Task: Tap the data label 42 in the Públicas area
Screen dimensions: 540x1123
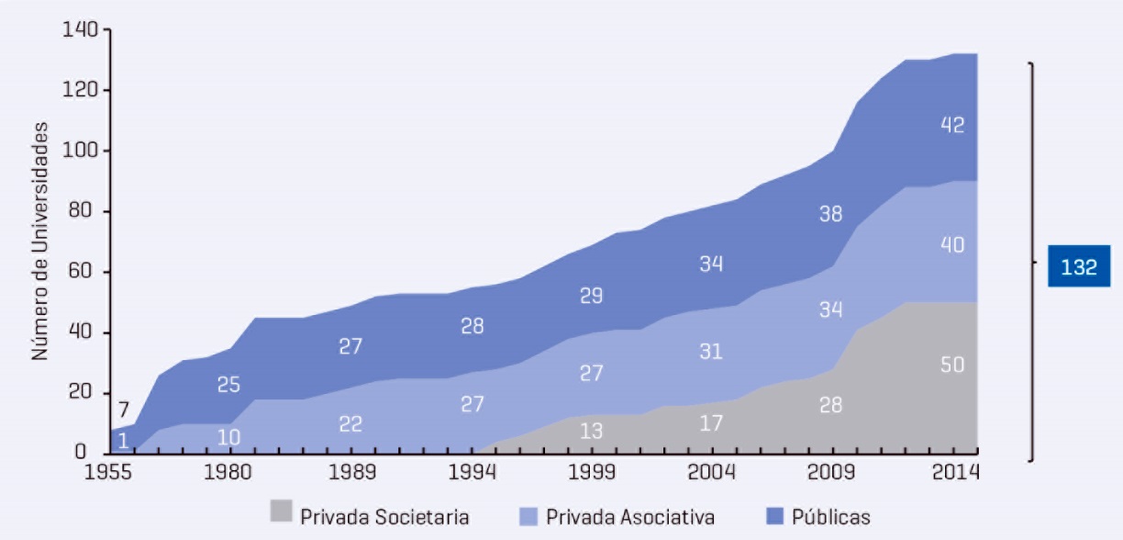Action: click(x=952, y=125)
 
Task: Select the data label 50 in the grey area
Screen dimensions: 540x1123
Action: click(x=952, y=365)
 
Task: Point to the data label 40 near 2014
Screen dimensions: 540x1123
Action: click(x=952, y=245)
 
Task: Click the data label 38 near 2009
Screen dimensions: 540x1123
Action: click(x=830, y=214)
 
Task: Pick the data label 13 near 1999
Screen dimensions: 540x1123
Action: click(x=592, y=431)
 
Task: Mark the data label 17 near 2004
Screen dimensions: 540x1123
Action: click(x=711, y=423)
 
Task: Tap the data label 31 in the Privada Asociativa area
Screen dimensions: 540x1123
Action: click(x=711, y=351)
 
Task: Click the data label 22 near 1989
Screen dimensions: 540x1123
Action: click(x=350, y=424)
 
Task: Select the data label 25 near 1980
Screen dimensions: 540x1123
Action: click(x=229, y=385)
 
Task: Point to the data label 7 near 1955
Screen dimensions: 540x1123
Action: click(x=123, y=409)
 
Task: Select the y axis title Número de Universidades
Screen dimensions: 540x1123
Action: click(x=40, y=241)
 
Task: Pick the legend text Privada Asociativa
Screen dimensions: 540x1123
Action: click(x=629, y=516)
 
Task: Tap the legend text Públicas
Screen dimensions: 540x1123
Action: click(x=830, y=516)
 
